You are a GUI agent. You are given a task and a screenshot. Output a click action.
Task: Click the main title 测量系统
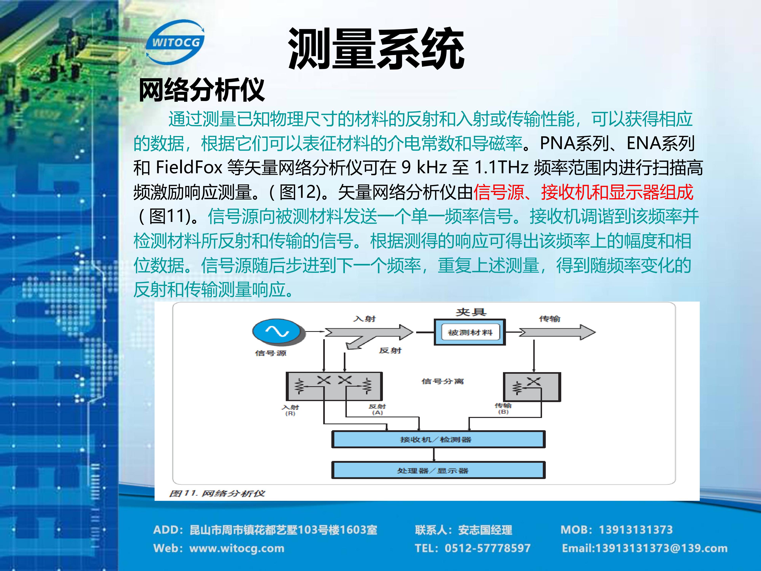click(x=376, y=49)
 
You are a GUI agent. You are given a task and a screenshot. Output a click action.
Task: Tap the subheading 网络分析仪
click(x=201, y=90)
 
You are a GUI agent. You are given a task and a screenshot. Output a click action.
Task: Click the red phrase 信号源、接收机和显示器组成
click(x=583, y=192)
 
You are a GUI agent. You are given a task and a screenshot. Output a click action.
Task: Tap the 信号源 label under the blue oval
click(x=271, y=353)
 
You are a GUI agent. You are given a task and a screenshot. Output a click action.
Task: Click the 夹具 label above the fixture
click(x=471, y=312)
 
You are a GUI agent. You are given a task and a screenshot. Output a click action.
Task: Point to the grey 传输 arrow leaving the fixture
click(x=557, y=332)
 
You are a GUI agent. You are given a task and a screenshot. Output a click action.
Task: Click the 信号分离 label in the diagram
click(x=442, y=381)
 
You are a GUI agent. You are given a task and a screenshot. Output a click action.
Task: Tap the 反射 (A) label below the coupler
click(x=377, y=409)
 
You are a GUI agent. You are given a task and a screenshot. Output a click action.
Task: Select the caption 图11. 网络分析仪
click(x=217, y=493)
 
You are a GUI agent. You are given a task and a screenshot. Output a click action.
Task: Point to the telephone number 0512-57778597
click(x=487, y=548)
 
